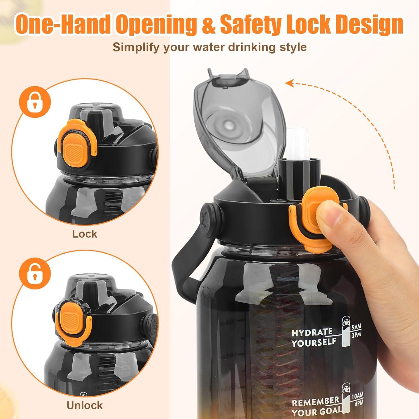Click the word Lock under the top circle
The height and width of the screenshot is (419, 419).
pyautogui.click(x=85, y=234)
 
